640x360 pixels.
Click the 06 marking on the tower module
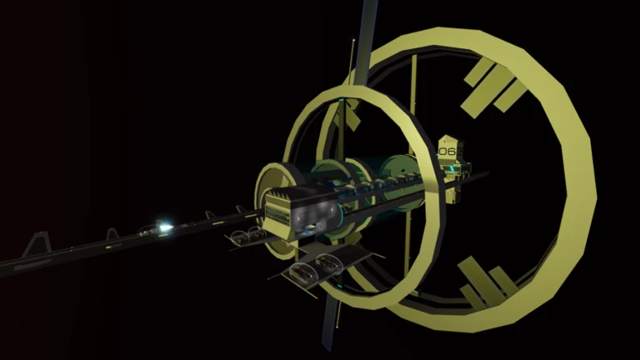(x=447, y=152)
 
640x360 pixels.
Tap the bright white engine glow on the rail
(x=164, y=227)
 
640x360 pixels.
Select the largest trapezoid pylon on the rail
(x=37, y=244)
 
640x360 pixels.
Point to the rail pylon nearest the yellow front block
(x=241, y=209)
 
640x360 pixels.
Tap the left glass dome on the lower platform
(x=302, y=272)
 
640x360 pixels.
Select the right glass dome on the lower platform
(x=329, y=263)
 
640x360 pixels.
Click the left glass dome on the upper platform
(x=240, y=237)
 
